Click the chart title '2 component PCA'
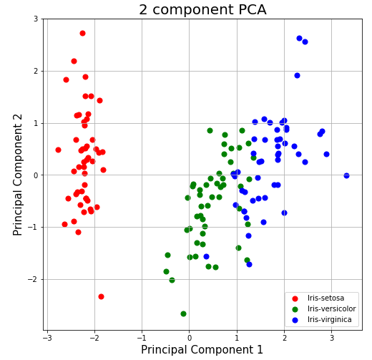point(202,10)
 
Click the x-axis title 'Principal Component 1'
point(202,350)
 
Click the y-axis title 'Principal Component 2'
point(19,175)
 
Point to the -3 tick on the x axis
point(47,337)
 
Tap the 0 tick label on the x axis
point(190,337)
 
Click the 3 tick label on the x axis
point(332,337)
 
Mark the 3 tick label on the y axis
point(36,19)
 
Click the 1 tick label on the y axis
point(36,123)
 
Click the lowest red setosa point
point(101,296)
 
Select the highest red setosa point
point(82,33)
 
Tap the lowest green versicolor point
point(183,313)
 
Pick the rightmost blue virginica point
point(346,175)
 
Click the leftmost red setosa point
point(58,150)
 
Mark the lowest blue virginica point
point(249,264)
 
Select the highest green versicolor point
point(210,130)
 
